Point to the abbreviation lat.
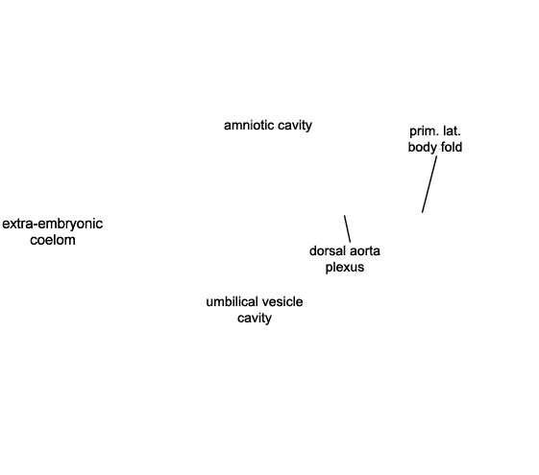tap(452, 131)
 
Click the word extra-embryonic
tap(52, 225)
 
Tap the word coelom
tap(53, 240)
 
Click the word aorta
tap(364, 251)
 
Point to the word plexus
tap(345, 268)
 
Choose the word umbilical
tap(230, 301)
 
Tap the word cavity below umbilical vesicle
tap(255, 319)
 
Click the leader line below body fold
tap(429, 184)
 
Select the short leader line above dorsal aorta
tap(347, 229)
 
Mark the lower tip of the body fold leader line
tap(422, 212)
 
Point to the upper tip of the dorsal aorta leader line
tap(344, 216)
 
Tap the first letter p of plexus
tap(329, 269)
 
